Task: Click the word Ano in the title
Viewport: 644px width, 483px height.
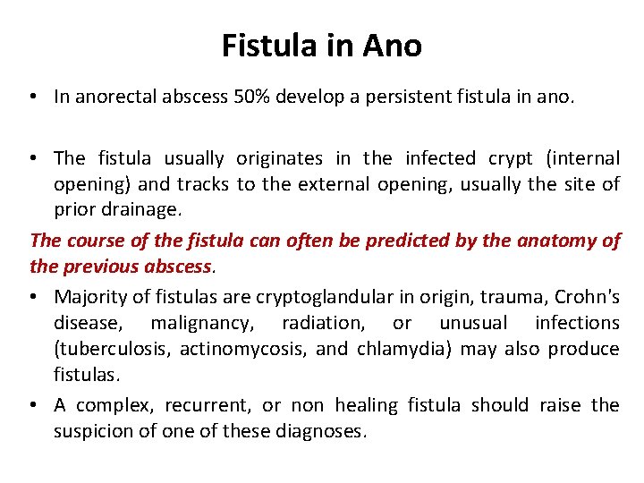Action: (x=392, y=45)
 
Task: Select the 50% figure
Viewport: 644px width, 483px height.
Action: (x=250, y=97)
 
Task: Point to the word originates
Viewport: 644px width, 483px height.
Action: (x=279, y=158)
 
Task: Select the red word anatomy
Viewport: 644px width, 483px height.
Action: (x=559, y=241)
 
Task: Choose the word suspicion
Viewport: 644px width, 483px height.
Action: (x=96, y=432)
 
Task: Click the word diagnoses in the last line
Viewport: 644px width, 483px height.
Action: (x=324, y=432)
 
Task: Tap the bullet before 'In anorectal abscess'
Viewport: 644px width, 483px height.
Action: (x=37, y=97)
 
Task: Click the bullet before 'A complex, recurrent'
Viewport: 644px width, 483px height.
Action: (x=37, y=405)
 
